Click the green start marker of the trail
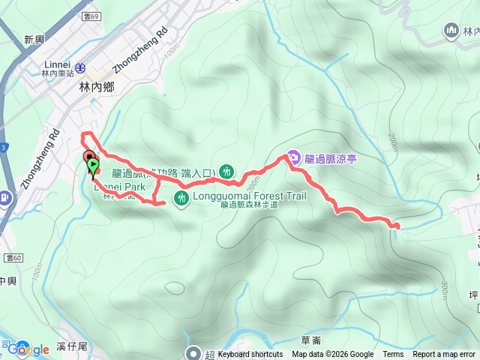[92, 165]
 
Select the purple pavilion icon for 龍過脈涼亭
[293, 158]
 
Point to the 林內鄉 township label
[95, 87]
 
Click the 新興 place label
[35, 40]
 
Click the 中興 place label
[7, 281]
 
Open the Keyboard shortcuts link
[250, 355]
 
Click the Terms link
[393, 355]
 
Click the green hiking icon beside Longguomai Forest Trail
[181, 198]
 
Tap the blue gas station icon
[6, 198]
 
